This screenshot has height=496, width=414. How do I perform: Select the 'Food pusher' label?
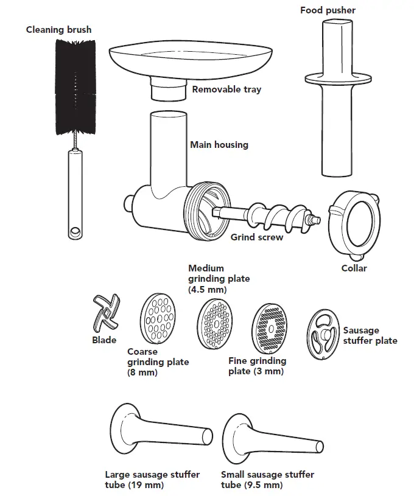tap(328, 10)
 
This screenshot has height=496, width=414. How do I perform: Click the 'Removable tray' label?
tap(226, 89)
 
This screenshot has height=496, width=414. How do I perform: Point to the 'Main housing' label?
tap(219, 145)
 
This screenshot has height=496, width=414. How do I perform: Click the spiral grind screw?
tap(268, 215)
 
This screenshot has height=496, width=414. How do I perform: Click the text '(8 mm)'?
tap(142, 372)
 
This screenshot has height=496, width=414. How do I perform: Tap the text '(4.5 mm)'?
tap(208, 289)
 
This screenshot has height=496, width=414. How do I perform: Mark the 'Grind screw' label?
tap(256, 237)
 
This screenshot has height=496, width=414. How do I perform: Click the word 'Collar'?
tap(353, 268)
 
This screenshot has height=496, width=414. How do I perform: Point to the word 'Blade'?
tap(104, 340)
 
